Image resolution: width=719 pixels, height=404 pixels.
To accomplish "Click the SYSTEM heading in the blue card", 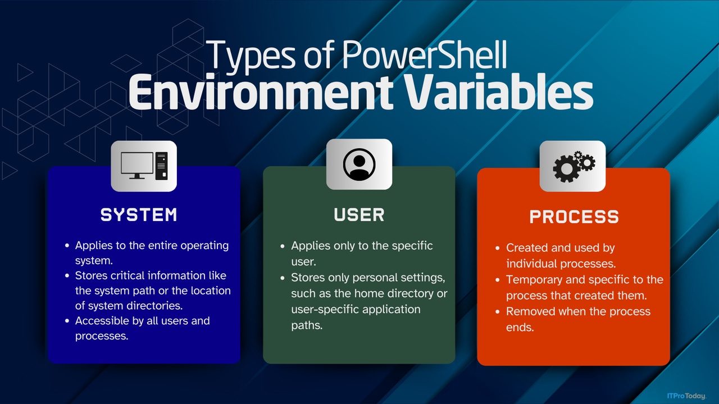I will [139, 214].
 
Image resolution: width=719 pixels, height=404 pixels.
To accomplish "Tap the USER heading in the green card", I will [359, 214].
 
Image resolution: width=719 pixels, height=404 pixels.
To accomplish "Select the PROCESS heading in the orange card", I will [574, 217].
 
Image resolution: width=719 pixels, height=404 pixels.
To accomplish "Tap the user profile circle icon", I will [359, 164].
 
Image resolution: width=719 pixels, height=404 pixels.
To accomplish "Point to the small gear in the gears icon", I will [586, 161].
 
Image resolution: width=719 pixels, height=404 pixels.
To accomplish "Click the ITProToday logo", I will [686, 396].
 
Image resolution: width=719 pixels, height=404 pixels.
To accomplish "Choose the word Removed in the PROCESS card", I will [529, 311].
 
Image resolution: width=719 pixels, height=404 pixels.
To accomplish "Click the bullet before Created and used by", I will [498, 248].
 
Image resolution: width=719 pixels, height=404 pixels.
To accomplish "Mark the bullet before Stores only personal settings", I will [283, 278].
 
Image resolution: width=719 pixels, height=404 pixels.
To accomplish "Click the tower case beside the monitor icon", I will [162, 165].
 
